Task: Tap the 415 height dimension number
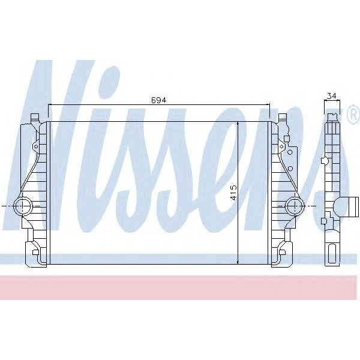(x=233, y=192)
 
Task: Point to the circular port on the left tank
(x=25, y=206)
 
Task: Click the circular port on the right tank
(x=293, y=206)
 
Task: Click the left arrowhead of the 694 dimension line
(x=50, y=104)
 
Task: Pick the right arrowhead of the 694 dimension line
(x=268, y=104)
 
